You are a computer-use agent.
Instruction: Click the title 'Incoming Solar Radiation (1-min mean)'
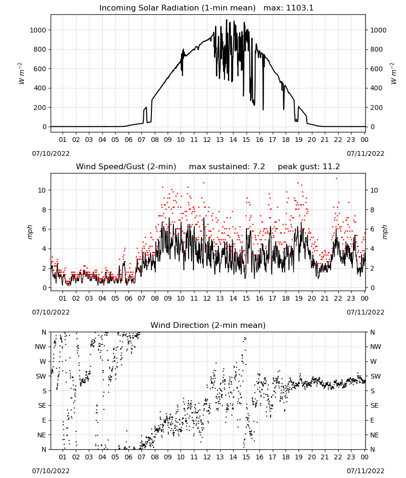coord(177,8)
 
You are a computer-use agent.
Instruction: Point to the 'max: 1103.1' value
coord(288,8)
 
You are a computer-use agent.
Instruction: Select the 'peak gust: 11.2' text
coord(309,167)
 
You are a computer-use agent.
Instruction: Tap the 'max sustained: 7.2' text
coord(227,167)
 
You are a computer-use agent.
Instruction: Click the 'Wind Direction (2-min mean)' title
coord(208,325)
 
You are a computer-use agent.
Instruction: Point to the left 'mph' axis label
coord(30,232)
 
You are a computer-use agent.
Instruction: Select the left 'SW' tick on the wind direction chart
coord(41,376)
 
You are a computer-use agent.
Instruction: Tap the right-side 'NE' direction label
coord(374,435)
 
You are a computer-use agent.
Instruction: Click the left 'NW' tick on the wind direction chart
coord(41,347)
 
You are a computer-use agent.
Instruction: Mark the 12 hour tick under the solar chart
coord(207,140)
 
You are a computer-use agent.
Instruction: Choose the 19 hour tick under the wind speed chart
coord(299,298)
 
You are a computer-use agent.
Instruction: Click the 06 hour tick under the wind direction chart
coord(128,457)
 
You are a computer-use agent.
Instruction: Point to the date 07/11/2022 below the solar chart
coord(365,153)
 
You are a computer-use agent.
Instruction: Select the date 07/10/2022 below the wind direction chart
coord(51,471)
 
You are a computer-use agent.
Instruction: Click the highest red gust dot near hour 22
coord(336,179)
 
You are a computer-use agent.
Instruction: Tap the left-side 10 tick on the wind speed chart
coord(43,190)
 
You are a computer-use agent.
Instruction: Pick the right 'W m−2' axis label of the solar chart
coord(393,74)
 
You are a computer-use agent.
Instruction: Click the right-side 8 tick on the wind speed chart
coord(372,210)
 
